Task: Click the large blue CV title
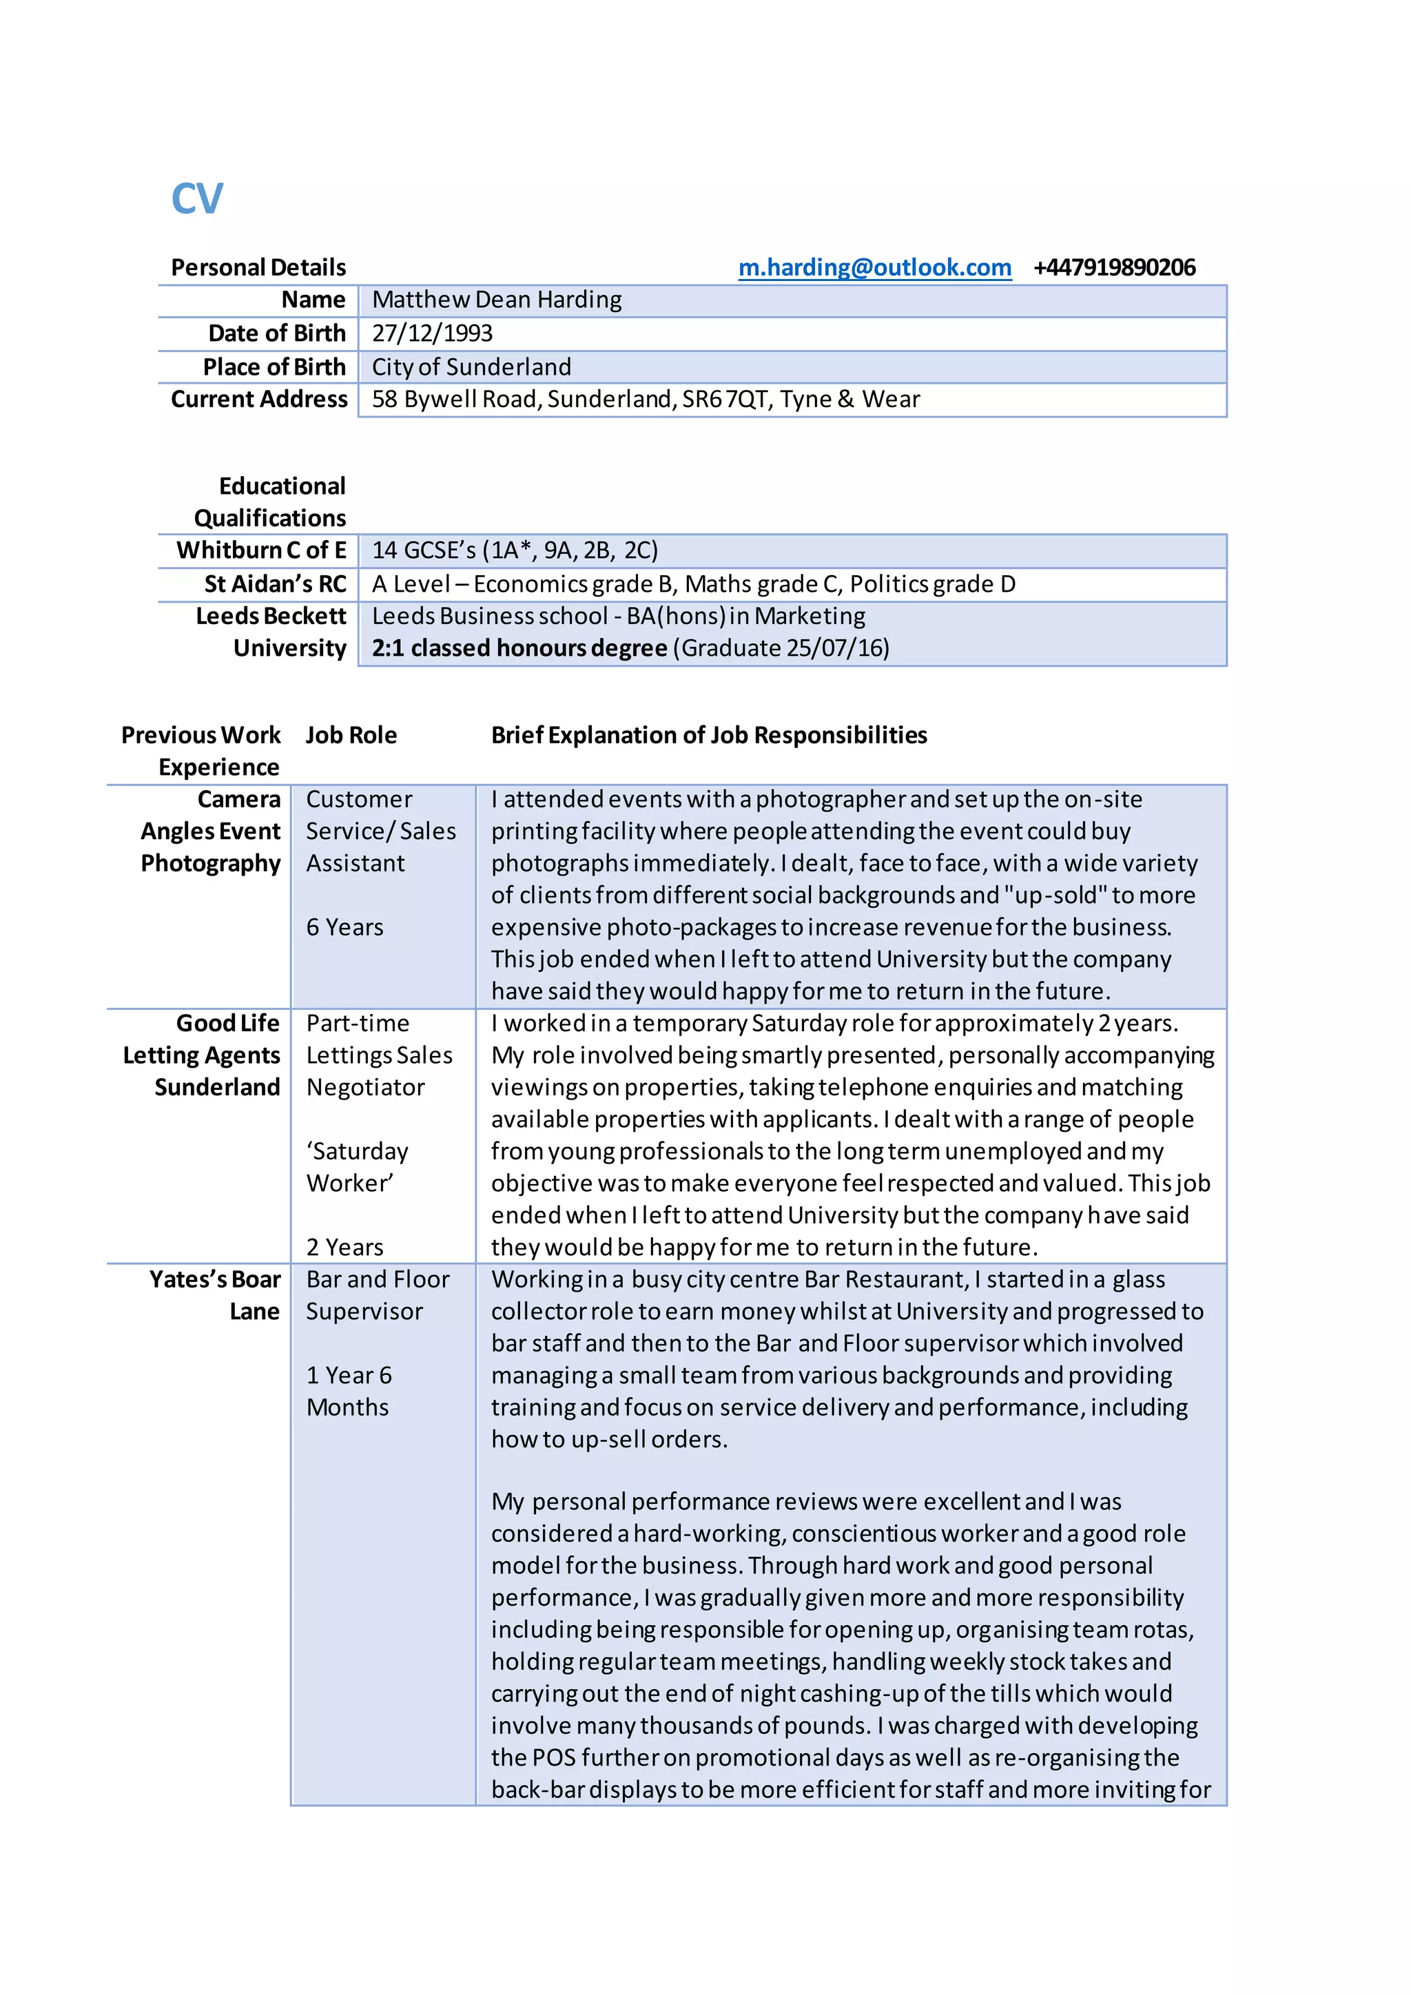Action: point(197,199)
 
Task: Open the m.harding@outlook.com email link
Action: point(874,267)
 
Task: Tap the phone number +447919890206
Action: point(1114,267)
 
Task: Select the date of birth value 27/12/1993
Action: point(432,333)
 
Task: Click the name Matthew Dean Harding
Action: point(497,300)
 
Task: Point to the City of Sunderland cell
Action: point(472,366)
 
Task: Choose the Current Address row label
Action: point(259,400)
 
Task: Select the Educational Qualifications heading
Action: point(270,502)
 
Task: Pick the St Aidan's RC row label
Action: point(275,584)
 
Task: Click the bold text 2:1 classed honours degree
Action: point(519,648)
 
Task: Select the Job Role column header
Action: point(351,736)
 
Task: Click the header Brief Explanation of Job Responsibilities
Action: point(709,736)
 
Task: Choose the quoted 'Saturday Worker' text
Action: point(356,1168)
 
